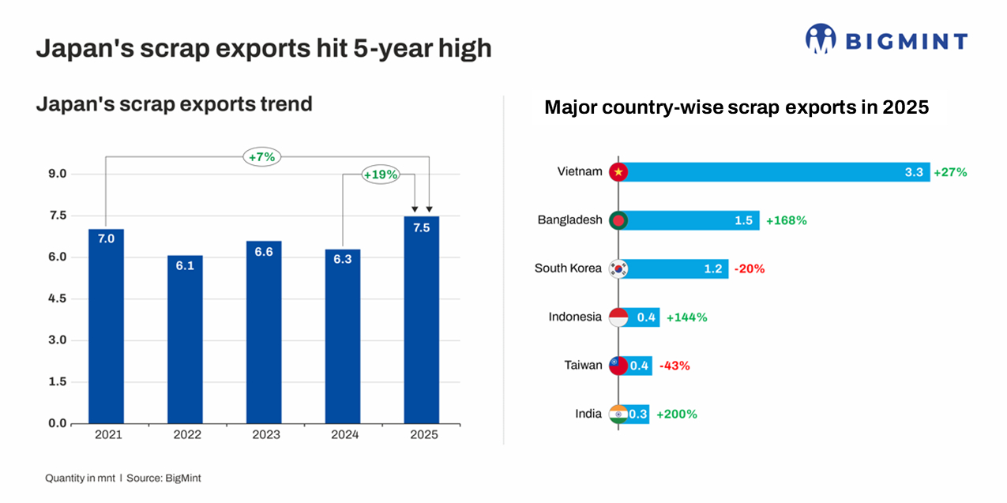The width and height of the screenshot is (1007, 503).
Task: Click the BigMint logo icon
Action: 821,39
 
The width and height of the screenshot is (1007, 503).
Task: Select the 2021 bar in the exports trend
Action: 106,325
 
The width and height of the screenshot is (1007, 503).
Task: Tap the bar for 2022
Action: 185,340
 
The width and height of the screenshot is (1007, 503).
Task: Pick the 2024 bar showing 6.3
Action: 343,336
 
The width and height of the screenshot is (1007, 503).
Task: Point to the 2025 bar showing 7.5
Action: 421,320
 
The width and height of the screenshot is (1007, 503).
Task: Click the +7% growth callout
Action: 261,157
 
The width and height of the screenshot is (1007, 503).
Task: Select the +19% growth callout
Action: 380,175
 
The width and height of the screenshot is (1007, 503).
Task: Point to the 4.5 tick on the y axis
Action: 58,299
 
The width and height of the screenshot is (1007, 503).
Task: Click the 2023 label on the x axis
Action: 264,435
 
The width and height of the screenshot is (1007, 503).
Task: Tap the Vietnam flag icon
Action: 618,172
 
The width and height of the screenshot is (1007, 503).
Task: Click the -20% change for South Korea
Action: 749,268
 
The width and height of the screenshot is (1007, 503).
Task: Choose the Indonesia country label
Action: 575,317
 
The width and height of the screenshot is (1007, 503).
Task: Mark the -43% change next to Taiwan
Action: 674,366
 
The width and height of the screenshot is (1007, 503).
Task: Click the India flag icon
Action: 618,414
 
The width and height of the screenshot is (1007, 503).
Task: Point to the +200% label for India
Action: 676,414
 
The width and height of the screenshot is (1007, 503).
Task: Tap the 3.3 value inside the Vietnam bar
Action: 914,172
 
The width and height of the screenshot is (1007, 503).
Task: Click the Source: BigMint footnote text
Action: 170,479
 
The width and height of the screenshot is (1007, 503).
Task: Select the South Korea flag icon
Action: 618,268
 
